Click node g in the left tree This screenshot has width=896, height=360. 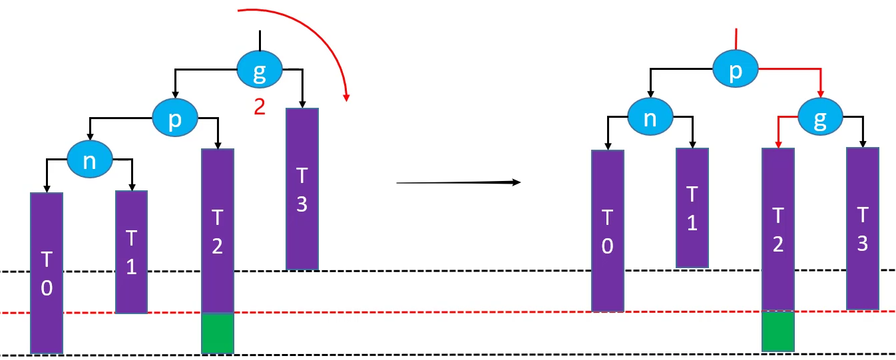[x=260, y=70]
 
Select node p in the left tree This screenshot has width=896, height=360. [x=174, y=118]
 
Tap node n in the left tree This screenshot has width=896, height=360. [x=90, y=161]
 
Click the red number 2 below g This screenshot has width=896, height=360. [x=259, y=106]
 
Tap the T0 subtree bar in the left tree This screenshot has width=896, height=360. [x=47, y=273]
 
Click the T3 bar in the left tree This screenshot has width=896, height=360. [x=302, y=189]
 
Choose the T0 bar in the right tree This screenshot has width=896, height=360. [x=608, y=230]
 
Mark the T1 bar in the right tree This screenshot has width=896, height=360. [x=692, y=208]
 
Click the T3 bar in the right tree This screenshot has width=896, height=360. [x=862, y=228]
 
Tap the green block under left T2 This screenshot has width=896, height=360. [x=218, y=333]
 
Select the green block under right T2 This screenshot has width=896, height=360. [x=778, y=331]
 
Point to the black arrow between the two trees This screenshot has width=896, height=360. [x=457, y=182]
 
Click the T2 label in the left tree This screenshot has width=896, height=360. [x=217, y=232]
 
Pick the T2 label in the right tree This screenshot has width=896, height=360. [x=778, y=230]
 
